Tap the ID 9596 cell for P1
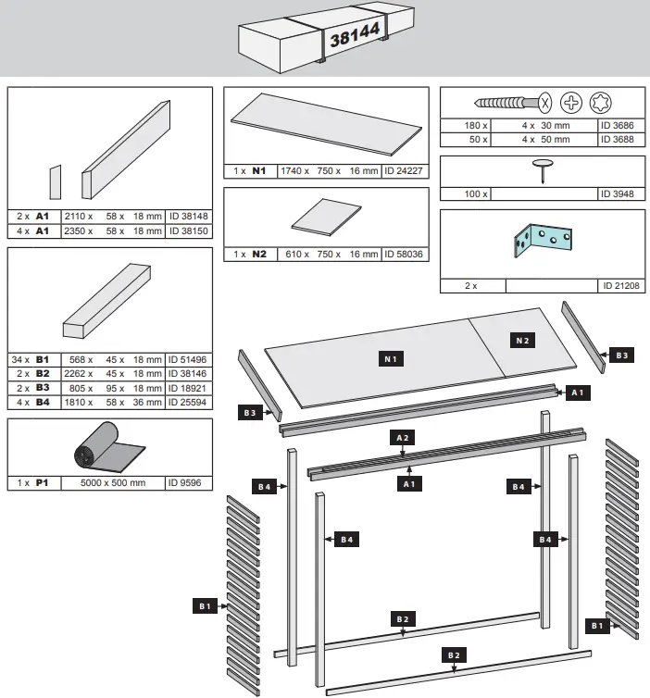point(190,482)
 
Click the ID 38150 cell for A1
point(190,231)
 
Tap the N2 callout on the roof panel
point(521,340)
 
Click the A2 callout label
point(403,436)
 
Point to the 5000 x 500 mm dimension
point(112,482)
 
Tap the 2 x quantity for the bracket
point(472,286)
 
